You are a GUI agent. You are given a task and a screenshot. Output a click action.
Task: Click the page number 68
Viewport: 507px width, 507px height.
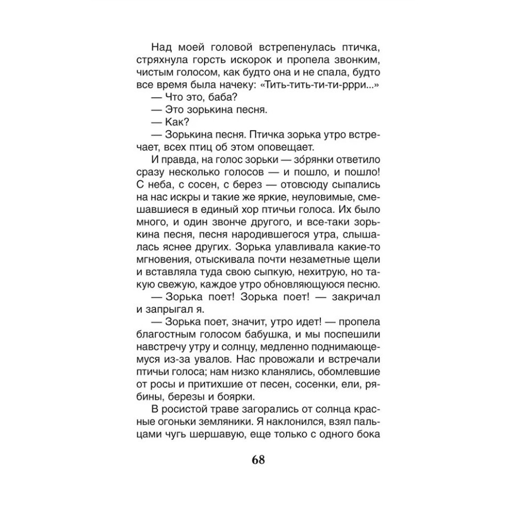pos(258,460)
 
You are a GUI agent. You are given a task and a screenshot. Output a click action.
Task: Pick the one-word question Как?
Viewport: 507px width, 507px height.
pos(176,122)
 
